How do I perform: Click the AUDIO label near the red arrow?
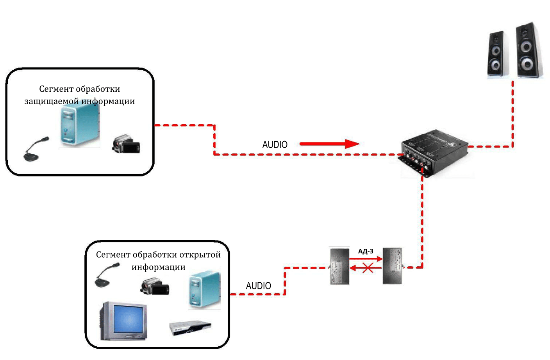[275, 145]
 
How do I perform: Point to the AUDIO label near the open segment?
[258, 286]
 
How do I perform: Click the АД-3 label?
[366, 251]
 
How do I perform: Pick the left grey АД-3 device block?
[339, 266]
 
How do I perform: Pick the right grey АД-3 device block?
[392, 266]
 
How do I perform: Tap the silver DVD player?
[190, 328]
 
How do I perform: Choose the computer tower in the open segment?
[204, 289]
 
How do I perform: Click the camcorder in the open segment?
[155, 287]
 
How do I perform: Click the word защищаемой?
[52, 102]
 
